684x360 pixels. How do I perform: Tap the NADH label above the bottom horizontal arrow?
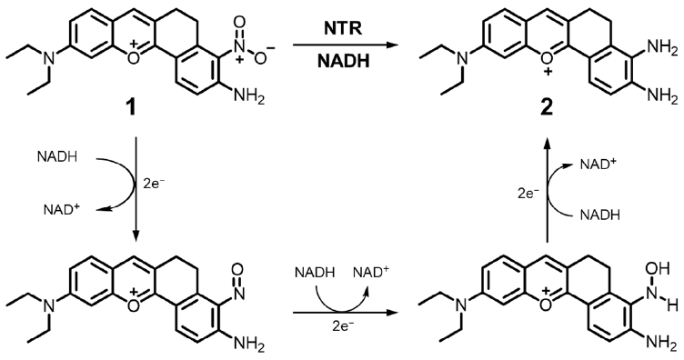pyautogui.click(x=317, y=271)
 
